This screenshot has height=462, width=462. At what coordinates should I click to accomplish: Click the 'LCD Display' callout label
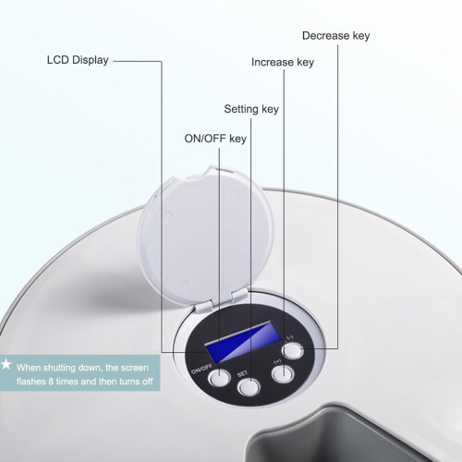[x=78, y=60]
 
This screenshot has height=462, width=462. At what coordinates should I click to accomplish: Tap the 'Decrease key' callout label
[x=336, y=36]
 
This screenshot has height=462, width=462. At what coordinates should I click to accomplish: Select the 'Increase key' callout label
[x=283, y=62]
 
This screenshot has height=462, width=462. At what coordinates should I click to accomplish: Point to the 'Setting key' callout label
[x=251, y=109]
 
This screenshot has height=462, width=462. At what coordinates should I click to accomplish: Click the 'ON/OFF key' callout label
[x=215, y=139]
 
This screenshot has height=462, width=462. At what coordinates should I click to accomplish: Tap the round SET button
[x=249, y=387]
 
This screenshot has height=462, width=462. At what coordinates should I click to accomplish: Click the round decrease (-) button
[x=293, y=351]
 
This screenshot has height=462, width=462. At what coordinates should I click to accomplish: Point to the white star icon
[x=6, y=364]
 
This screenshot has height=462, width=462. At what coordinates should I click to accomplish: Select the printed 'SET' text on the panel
[x=242, y=374]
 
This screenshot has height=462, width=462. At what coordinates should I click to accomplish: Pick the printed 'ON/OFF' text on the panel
[x=201, y=369]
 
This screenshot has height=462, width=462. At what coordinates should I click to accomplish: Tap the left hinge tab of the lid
[x=203, y=307]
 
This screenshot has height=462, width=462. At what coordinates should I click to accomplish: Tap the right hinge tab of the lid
[x=239, y=296]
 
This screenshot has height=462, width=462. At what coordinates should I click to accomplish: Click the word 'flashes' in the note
[x=31, y=382]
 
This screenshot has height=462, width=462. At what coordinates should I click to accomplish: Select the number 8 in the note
[x=51, y=382]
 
